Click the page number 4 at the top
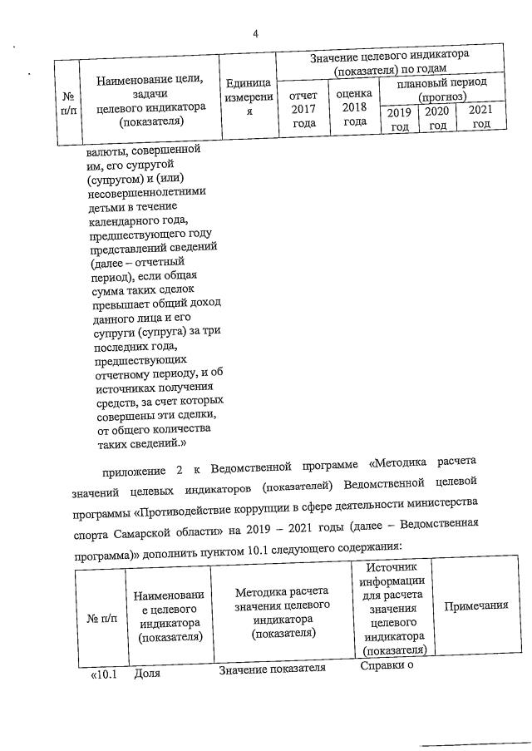pyautogui.click(x=256, y=34)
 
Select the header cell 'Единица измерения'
pyautogui.click(x=248, y=98)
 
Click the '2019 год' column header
pyautogui.click(x=400, y=118)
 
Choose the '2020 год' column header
pyautogui.click(x=437, y=118)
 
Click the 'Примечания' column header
pyautogui.click(x=476, y=605)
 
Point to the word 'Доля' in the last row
pyautogui.click(x=147, y=674)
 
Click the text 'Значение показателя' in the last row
pyautogui.click(x=271, y=669)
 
